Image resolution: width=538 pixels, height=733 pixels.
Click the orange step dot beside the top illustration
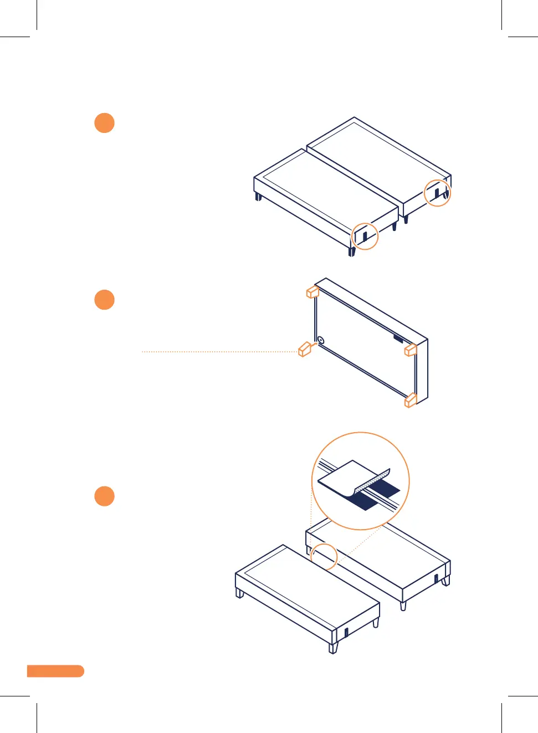click(x=104, y=123)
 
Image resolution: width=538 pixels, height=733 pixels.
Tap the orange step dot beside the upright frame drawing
click(x=104, y=300)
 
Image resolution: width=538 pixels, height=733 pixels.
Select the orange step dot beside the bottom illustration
click(x=104, y=496)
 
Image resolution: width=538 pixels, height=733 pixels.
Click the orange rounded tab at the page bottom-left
click(x=55, y=671)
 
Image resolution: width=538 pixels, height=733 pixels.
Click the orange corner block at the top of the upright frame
click(x=312, y=291)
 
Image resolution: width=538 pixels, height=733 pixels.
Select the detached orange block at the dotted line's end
click(x=304, y=349)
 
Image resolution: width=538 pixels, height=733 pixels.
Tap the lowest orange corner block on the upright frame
click(x=411, y=400)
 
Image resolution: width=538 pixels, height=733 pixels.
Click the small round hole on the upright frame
click(x=321, y=340)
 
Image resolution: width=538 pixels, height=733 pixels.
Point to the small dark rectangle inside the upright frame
click(x=398, y=337)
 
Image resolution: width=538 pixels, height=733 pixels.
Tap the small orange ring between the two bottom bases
click(x=324, y=556)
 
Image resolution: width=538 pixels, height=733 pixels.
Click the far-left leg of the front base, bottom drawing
click(x=240, y=593)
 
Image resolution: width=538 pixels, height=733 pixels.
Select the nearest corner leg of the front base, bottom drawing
click(x=333, y=648)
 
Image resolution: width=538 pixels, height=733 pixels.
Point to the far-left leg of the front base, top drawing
click(x=258, y=197)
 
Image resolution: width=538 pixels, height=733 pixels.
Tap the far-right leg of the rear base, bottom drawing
click(x=445, y=581)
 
